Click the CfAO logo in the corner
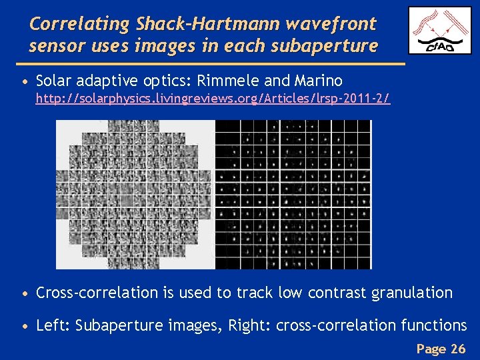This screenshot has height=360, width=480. tap(439, 31)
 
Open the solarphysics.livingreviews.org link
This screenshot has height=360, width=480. tap(213, 99)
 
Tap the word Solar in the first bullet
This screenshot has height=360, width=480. tap(55, 81)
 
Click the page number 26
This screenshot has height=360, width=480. tap(458, 349)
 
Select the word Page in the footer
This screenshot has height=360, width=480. tap(431, 349)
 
